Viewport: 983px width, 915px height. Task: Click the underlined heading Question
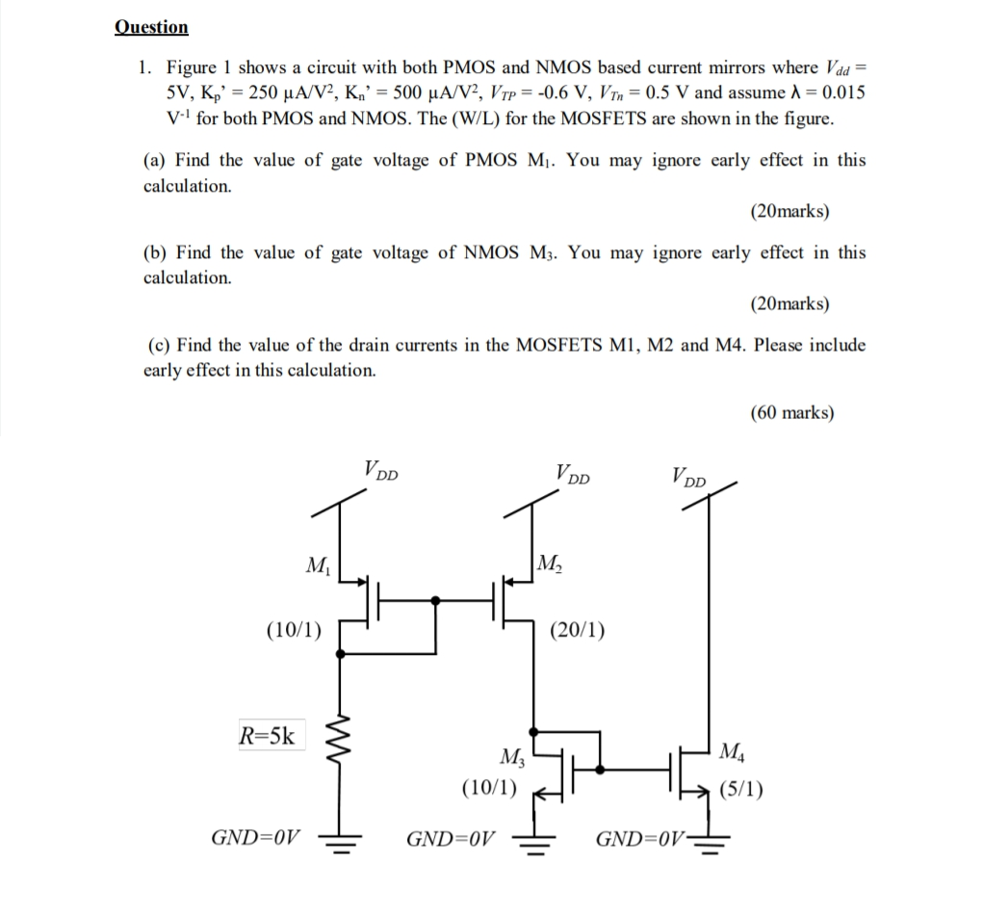pos(151,27)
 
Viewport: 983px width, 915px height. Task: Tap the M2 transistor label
pos(552,562)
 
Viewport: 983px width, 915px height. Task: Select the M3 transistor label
pos(512,756)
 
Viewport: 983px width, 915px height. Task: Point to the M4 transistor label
pos(731,750)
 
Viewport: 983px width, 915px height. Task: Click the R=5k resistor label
pos(269,738)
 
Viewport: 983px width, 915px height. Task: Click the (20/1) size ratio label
pos(577,632)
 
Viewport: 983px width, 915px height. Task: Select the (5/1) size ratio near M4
pos(741,791)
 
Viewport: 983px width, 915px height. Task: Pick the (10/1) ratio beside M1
pos(294,631)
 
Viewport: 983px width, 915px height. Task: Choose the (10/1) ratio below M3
pos(489,788)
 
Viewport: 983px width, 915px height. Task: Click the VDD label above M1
pos(381,472)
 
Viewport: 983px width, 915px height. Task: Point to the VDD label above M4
pos(689,475)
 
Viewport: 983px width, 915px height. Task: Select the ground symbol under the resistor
pos(344,840)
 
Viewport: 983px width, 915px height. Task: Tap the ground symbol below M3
pos(537,840)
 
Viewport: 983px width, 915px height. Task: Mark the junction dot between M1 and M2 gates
pos(436,600)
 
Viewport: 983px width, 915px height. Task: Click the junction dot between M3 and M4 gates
pos(602,770)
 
